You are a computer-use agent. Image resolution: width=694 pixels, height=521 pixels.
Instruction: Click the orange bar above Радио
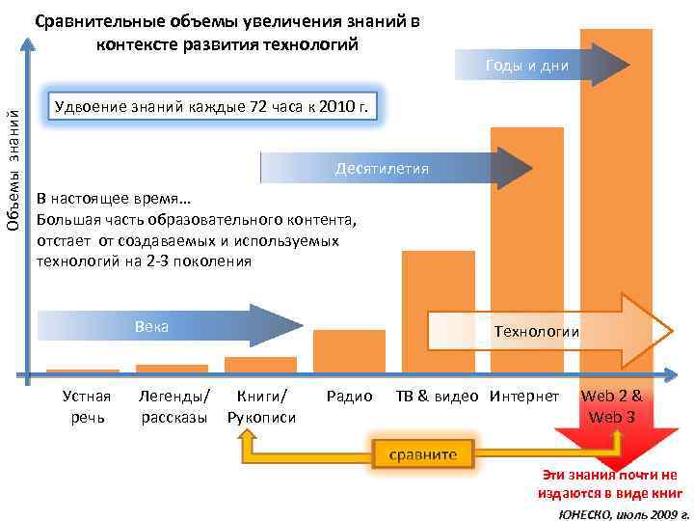[349, 351]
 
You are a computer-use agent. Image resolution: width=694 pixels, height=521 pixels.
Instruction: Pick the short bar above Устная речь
[83, 370]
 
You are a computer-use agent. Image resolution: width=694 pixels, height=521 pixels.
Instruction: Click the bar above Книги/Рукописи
[260, 365]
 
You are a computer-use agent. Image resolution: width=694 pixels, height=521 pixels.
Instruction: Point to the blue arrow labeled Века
[154, 326]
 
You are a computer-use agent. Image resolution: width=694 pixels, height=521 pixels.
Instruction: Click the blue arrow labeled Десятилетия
[386, 169]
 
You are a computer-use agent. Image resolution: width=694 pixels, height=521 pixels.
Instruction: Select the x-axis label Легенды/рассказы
[174, 406]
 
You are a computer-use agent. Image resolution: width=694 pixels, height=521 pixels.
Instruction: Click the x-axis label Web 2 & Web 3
[612, 406]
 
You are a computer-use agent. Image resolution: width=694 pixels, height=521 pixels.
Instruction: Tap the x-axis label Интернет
[524, 397]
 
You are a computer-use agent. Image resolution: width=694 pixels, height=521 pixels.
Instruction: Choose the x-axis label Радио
[349, 397]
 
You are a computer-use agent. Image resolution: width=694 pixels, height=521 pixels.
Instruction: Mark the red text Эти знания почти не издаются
[609, 483]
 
